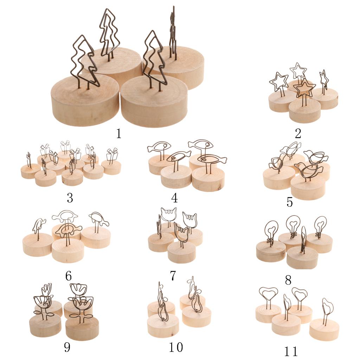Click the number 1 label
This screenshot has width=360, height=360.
(x=118, y=133)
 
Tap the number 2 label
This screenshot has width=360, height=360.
(x=298, y=133)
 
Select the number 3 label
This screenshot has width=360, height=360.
(x=70, y=198)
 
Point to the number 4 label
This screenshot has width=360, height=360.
(x=174, y=198)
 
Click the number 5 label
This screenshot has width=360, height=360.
(x=290, y=202)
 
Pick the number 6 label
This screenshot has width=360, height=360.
(x=69, y=276)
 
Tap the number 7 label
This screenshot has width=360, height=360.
(x=173, y=276)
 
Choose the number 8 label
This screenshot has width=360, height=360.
(x=288, y=280)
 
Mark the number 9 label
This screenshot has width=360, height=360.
(x=67, y=347)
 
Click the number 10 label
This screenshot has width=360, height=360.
(x=176, y=347)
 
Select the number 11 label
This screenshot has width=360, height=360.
(x=291, y=351)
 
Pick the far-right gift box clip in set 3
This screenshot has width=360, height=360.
(x=112, y=155)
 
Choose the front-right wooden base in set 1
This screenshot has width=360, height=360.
(x=154, y=101)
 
